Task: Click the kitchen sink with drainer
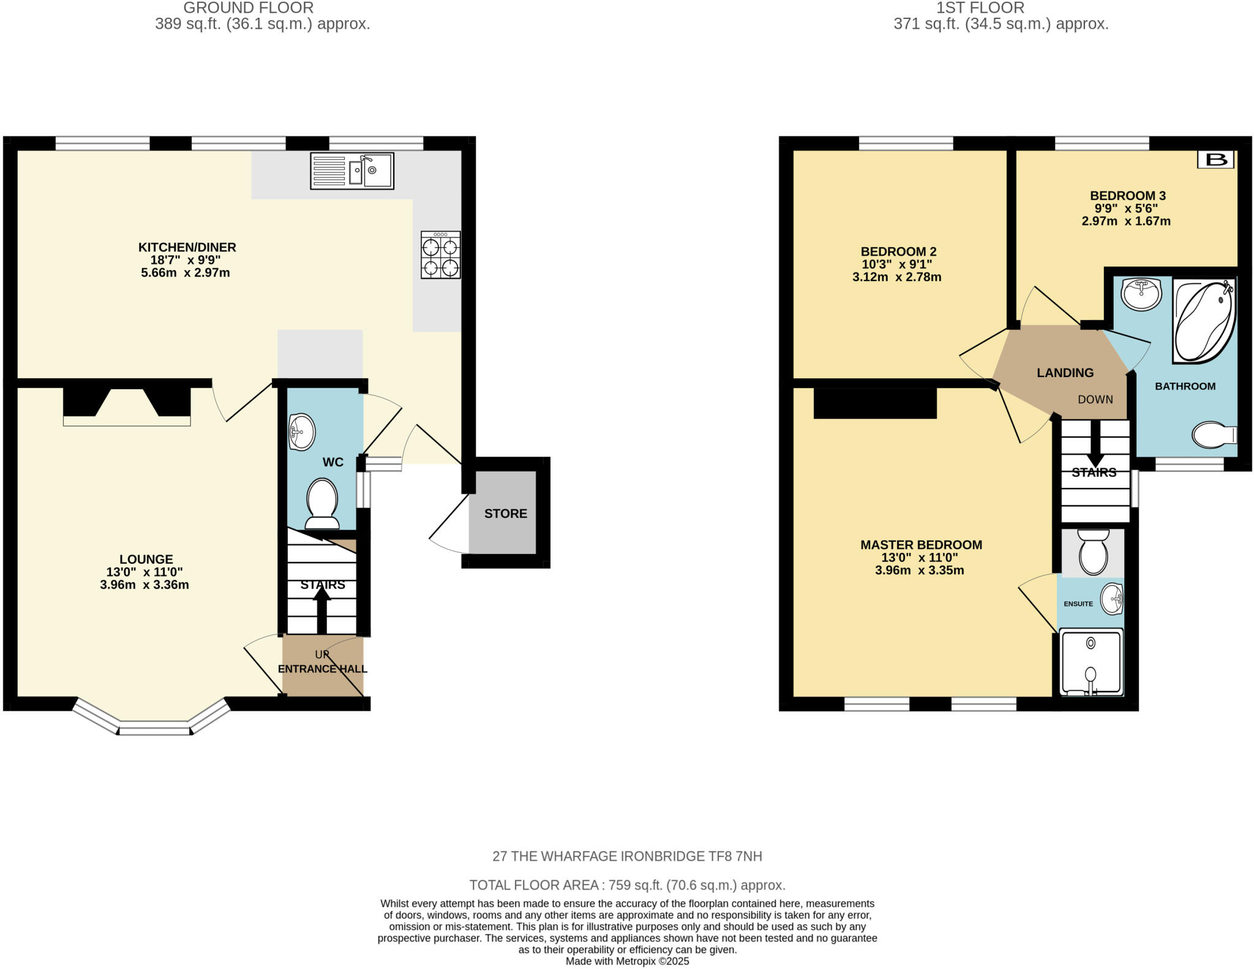(352, 171)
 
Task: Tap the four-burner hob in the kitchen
(440, 255)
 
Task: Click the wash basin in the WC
(301, 432)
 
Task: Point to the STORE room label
(505, 514)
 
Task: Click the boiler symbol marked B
(1215, 160)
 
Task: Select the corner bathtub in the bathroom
(1203, 321)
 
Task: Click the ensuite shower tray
(1091, 662)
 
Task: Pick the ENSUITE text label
(1078, 604)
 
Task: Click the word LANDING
(1065, 373)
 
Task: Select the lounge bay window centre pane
(154, 728)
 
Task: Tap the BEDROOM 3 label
(1127, 196)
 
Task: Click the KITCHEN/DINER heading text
(187, 247)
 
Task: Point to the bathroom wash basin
(1141, 294)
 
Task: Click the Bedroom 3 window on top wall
(1102, 143)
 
